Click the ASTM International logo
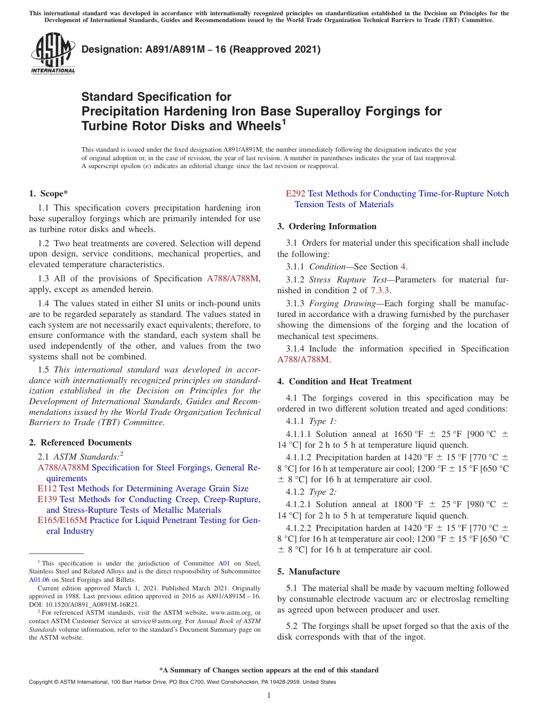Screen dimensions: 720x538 click(53, 54)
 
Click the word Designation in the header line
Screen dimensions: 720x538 click(108, 49)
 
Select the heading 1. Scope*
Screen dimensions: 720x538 click(49, 194)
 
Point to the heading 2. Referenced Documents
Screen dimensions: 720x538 click(80, 443)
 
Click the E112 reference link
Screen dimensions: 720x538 click(48, 488)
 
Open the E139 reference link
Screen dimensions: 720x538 click(48, 499)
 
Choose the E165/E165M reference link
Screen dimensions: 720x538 click(62, 520)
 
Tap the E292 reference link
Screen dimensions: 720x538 click(296, 194)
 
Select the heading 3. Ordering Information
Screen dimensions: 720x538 click(327, 226)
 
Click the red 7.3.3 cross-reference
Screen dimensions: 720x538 click(380, 290)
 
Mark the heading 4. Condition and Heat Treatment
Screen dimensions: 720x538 click(344, 382)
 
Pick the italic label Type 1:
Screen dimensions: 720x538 click(322, 421)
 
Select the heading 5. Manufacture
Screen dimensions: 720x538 click(309, 572)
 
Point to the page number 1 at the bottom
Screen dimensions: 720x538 click(269, 696)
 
